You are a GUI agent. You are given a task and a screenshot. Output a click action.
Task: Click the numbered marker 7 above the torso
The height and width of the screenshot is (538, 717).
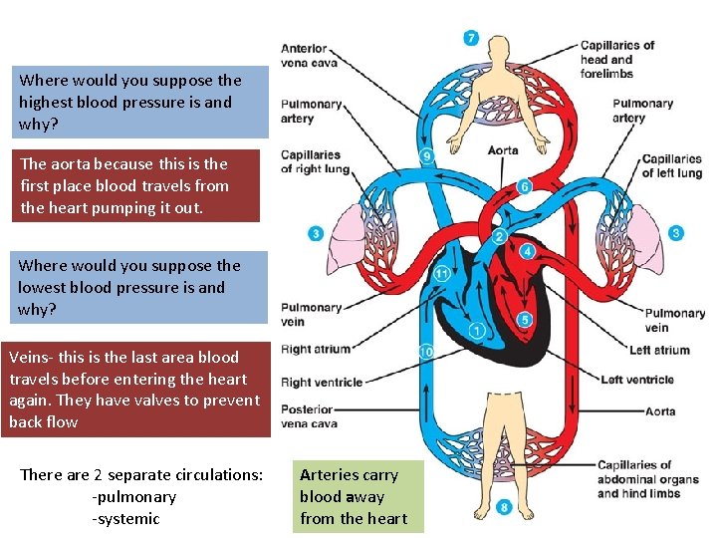471,38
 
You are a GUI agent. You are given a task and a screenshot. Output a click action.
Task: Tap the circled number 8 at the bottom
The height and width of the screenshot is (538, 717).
504,508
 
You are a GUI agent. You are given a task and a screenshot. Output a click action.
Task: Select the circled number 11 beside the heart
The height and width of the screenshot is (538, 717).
442,274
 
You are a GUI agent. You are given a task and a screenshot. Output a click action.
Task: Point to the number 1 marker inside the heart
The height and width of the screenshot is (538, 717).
477,331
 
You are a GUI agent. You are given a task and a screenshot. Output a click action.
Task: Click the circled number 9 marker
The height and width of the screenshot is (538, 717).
427,156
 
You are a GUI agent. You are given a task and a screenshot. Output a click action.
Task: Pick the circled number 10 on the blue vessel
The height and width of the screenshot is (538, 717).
426,352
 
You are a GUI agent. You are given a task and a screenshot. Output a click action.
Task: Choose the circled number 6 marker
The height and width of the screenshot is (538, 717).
524,186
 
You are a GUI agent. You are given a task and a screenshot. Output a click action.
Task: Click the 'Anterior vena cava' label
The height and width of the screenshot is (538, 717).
309,56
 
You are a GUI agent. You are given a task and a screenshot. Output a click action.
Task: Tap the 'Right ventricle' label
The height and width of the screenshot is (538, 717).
323,382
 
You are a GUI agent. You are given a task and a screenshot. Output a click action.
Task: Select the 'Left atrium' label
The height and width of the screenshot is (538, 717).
659,350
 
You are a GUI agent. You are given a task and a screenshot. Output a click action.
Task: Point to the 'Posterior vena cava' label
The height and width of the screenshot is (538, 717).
309,416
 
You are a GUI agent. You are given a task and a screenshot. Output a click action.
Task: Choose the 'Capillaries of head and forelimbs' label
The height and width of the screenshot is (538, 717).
617,59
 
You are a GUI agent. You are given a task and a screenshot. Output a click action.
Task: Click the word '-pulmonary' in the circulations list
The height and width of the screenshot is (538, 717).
133,496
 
